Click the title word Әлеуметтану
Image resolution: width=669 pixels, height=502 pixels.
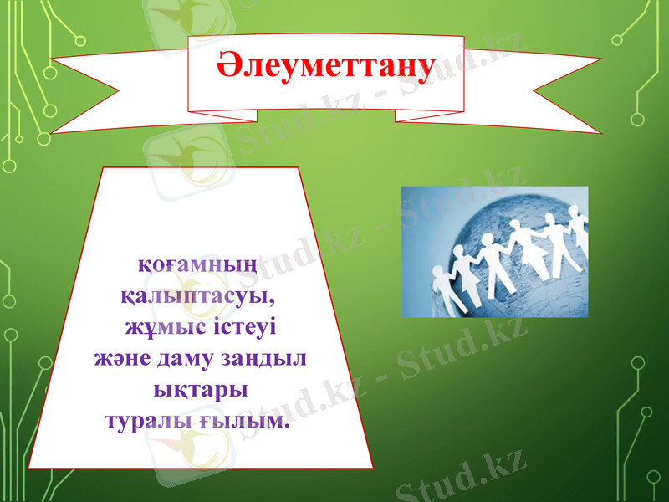(326, 67)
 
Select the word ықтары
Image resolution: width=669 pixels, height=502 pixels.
(201, 389)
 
